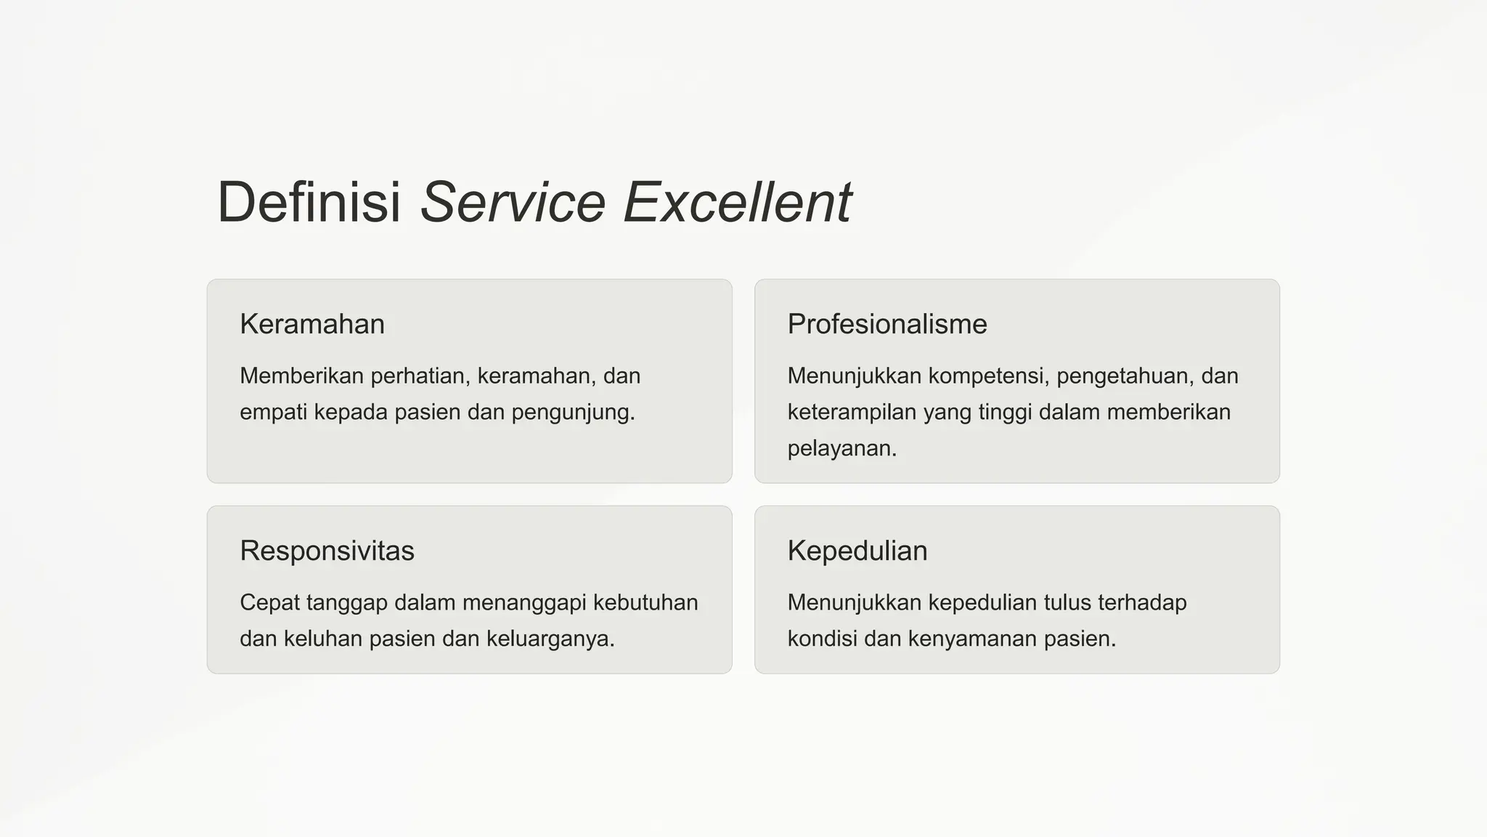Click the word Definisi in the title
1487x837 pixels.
point(309,202)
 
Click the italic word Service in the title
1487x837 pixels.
point(513,202)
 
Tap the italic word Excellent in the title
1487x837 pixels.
point(737,202)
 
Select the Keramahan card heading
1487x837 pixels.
point(312,324)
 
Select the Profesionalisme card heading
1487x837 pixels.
point(887,324)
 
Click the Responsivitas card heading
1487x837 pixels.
point(327,551)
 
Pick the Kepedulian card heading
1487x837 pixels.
point(857,551)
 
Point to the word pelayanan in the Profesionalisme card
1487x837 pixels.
point(840,449)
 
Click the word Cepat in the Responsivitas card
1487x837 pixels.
point(269,603)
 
